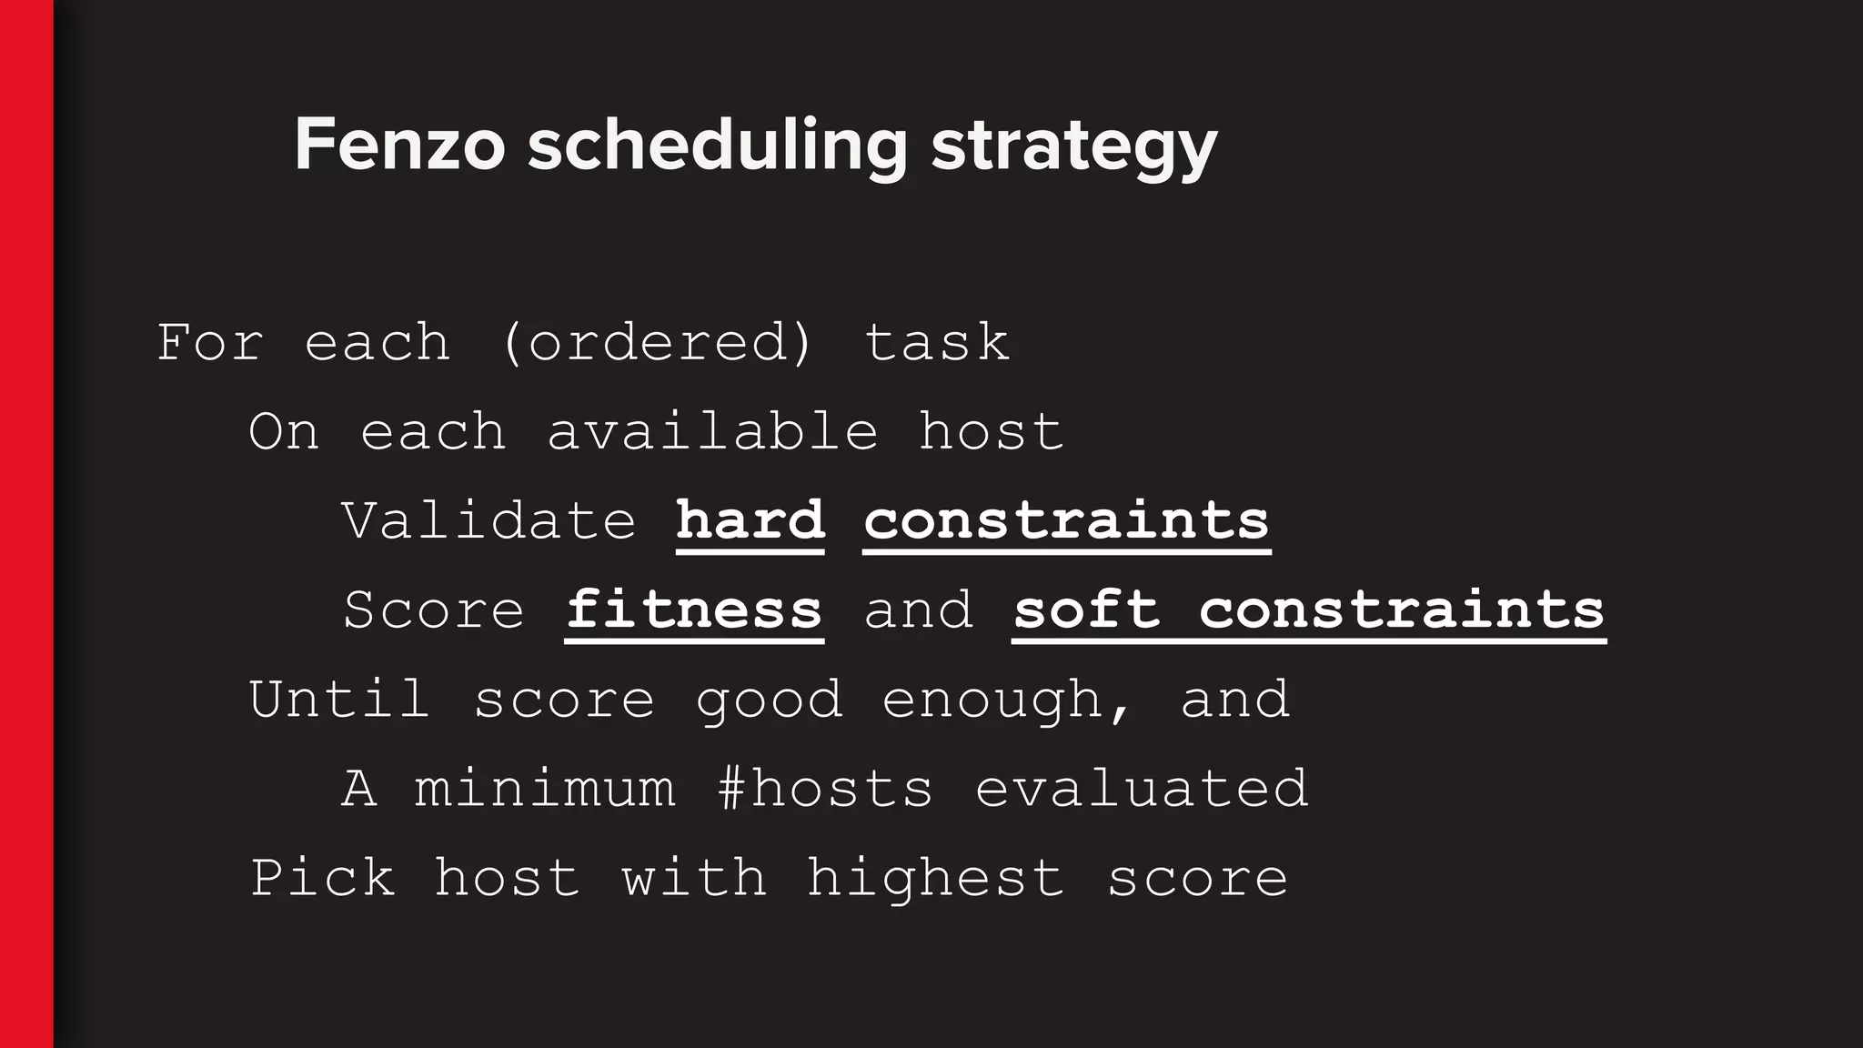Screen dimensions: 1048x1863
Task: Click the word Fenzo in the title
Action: [399, 146]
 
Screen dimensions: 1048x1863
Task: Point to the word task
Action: [936, 343]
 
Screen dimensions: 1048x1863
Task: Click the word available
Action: [712, 431]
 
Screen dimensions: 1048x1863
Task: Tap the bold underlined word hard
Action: [750, 520]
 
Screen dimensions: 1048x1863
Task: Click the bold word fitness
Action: [694, 610]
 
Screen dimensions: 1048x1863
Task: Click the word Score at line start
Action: [434, 610]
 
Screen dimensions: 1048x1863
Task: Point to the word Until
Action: [339, 699]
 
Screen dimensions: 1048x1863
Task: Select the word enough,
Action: [1007, 700]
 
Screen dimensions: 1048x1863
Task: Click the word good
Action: [769, 700]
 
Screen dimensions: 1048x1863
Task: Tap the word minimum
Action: [545, 788]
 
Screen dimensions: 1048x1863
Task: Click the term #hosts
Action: [825, 788]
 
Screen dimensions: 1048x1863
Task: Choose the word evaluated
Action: [1142, 788]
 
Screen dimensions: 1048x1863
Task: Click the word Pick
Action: [323, 878]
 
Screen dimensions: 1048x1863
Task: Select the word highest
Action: [935, 879]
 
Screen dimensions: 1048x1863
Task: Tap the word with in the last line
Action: [694, 878]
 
